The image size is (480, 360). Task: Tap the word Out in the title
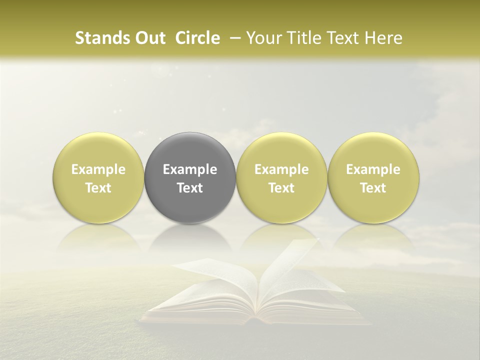click(148, 38)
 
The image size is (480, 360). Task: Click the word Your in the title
click(264, 38)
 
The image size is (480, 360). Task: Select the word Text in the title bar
click(343, 38)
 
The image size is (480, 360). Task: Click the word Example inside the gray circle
click(190, 169)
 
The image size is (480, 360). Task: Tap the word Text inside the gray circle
click(190, 188)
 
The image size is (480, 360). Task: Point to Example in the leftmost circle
click(98, 169)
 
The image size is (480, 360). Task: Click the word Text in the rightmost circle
click(373, 188)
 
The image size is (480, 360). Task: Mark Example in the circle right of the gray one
click(281, 169)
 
